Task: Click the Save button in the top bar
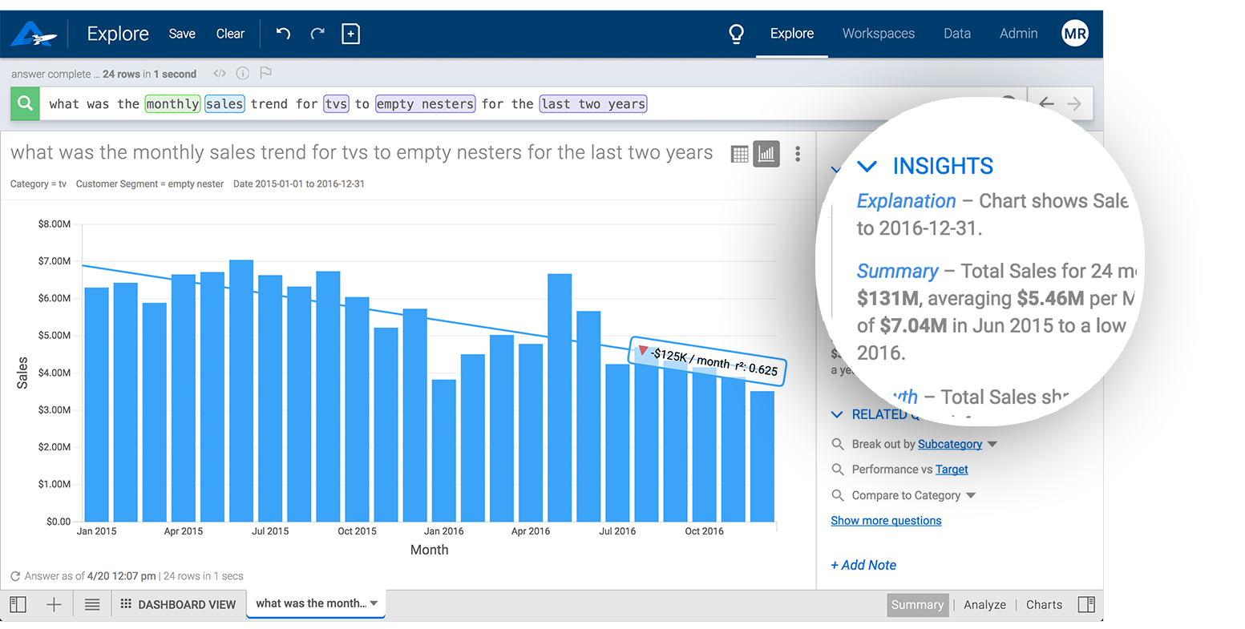[182, 34]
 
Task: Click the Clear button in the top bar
[230, 34]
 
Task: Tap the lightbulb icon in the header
[736, 34]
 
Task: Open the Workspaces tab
[878, 34]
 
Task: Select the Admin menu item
[1018, 34]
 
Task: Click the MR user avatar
[1074, 34]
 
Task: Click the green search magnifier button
[25, 103]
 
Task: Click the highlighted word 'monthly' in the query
[172, 104]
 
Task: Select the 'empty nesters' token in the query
[425, 104]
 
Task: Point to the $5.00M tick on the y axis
[55, 335]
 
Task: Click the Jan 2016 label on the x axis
[443, 531]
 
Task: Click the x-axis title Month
[429, 550]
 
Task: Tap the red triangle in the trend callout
[643, 351]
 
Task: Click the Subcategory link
[949, 444]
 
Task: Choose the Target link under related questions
[952, 470]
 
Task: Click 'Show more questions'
[886, 521]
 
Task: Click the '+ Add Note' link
[863, 565]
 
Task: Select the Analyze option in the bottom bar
[984, 605]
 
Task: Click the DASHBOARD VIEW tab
[179, 604]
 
